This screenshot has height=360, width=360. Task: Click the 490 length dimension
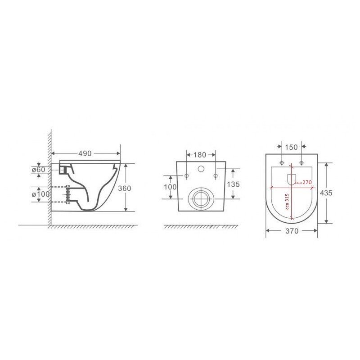coord(85,153)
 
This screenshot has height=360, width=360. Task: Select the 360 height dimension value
coord(125,188)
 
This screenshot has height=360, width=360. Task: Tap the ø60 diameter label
coord(39,170)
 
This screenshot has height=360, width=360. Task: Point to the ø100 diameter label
coord(40,194)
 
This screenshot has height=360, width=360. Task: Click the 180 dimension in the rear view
coord(200,155)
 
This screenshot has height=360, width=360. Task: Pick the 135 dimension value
coord(233,184)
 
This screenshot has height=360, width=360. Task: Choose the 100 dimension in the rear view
coord(170,187)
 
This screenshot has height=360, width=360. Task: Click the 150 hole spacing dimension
coord(291,147)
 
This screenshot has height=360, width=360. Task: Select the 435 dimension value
coord(326,193)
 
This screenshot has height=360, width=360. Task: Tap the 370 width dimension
coord(292,231)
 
